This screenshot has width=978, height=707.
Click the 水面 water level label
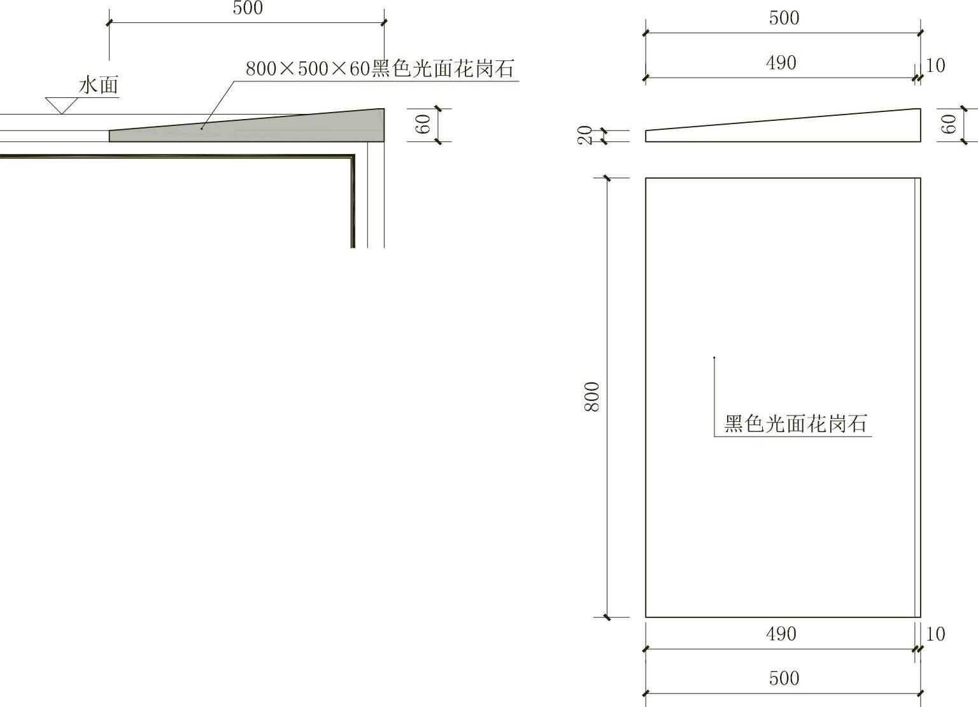[x=99, y=85]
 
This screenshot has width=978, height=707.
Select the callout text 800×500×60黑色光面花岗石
[x=379, y=68]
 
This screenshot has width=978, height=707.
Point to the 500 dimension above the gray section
[x=248, y=9]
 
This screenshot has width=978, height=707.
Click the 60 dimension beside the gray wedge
[x=424, y=124]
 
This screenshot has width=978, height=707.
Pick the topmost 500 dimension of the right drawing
[x=784, y=18]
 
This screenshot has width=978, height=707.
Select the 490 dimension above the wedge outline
[x=781, y=63]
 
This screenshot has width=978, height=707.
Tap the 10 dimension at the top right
[x=935, y=66]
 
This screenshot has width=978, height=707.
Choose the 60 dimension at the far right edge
[x=949, y=124]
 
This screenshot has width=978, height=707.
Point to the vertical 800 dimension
[x=592, y=396]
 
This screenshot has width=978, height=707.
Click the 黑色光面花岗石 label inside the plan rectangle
[x=796, y=424]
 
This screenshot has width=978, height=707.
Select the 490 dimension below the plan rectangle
[x=781, y=634]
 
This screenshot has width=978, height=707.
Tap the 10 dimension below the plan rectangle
[x=935, y=634]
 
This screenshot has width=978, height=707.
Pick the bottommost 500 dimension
[x=784, y=678]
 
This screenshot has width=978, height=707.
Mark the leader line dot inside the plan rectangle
[x=714, y=358]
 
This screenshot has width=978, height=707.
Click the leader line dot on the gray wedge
[x=202, y=128]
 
